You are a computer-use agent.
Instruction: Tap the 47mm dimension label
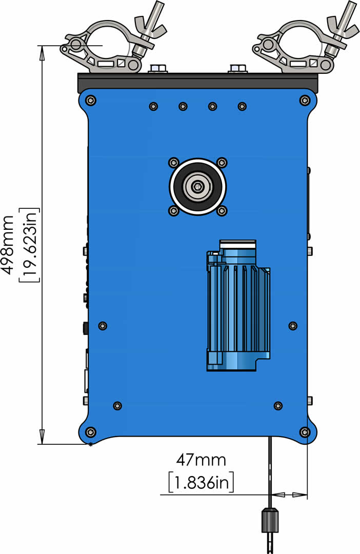[x=201, y=459]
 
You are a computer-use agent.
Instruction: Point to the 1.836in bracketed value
[x=201, y=482]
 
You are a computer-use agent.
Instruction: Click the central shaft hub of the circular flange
[x=197, y=187]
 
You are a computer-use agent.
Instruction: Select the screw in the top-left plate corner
[x=91, y=100]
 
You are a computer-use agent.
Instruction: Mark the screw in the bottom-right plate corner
[x=305, y=432]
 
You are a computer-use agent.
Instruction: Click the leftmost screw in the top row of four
[x=153, y=106]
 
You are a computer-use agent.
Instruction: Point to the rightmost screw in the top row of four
[x=242, y=106]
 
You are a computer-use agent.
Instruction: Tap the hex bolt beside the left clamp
[x=158, y=68]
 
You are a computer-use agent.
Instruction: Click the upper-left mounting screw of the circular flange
[x=173, y=163]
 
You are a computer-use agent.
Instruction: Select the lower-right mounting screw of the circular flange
[x=222, y=210]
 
